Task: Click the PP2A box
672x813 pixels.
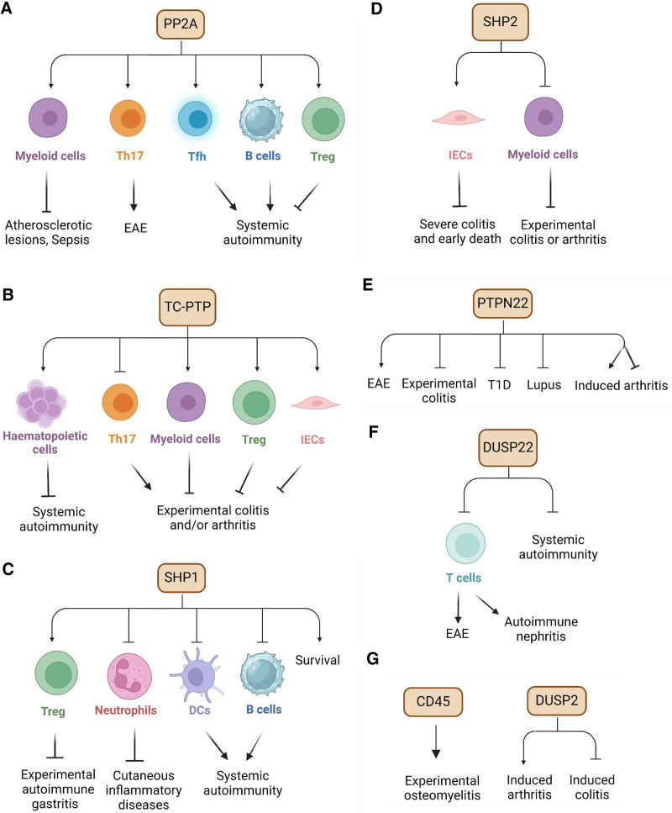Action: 181,24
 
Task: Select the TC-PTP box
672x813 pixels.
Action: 187,307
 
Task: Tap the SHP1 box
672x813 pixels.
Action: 181,578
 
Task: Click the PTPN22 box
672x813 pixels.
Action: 502,304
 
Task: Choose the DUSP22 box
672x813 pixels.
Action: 507,447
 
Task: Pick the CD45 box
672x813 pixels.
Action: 433,701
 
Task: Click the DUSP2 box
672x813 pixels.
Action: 556,701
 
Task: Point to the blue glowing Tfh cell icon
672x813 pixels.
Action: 196,119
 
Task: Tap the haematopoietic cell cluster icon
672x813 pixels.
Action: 41,403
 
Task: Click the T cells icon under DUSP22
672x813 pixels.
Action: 466,543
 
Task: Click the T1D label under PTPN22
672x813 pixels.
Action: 499,385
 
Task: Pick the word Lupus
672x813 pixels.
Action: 544,385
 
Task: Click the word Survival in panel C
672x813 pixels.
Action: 318,660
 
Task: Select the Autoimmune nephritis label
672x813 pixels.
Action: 541,629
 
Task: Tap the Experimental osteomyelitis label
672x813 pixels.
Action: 442,788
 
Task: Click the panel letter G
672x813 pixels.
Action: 372,658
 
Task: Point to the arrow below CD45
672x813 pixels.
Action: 436,742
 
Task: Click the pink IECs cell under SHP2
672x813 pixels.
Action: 459,119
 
